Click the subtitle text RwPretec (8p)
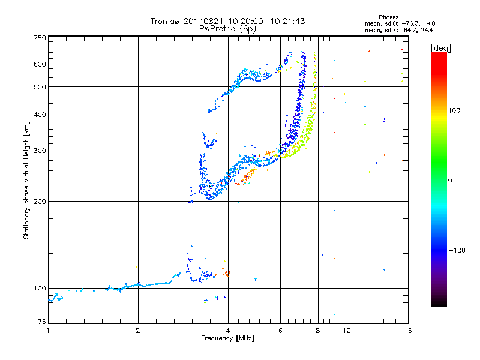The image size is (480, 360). click(x=227, y=29)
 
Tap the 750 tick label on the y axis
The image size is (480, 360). click(x=40, y=38)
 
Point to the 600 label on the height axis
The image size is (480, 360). click(x=40, y=64)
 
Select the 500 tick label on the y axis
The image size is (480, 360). click(x=40, y=87)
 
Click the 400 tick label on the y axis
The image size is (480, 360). click(x=40, y=115)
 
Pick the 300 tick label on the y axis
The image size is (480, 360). click(x=40, y=151)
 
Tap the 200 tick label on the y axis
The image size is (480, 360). click(x=40, y=202)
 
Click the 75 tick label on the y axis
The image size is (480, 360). click(x=42, y=322)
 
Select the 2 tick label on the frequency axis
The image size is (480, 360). click(x=138, y=331)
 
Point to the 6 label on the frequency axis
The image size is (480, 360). click(x=280, y=331)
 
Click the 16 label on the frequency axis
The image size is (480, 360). click(x=408, y=331)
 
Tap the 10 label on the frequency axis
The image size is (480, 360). click(x=347, y=331)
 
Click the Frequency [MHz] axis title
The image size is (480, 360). click(x=228, y=338)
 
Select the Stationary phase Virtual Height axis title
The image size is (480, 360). click(x=26, y=180)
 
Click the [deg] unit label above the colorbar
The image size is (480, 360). click(x=440, y=48)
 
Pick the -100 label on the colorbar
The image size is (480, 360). click(x=457, y=250)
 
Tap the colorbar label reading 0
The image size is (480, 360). click(x=450, y=181)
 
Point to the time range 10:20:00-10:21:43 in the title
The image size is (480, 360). click(x=266, y=21)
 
